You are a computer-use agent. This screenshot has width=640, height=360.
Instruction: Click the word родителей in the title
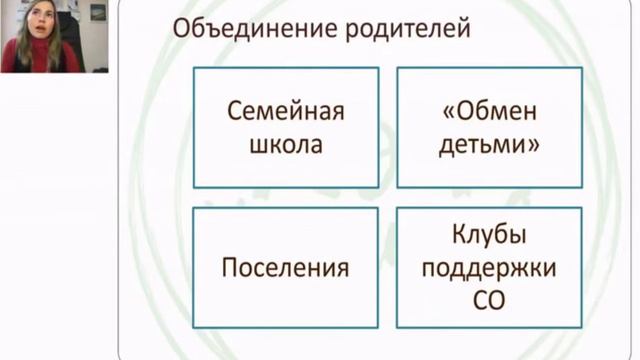coord(408,30)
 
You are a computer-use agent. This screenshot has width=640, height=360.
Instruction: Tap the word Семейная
coord(286,111)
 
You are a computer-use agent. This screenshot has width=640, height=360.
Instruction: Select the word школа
coord(286,144)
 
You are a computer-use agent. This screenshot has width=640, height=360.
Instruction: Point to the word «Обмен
coord(490,111)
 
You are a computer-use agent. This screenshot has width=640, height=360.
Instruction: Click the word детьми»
coord(489,145)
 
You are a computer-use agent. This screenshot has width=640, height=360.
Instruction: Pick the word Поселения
coord(285,268)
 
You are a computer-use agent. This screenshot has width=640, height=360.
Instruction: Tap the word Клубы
coord(489,234)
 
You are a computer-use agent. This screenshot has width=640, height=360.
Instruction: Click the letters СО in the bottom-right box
coord(489,301)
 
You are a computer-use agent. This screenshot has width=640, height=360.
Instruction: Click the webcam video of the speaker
coord(54,36)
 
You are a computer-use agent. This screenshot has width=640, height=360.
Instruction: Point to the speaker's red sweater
coord(41,55)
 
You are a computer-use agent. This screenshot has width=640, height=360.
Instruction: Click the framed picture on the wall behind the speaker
coord(98,12)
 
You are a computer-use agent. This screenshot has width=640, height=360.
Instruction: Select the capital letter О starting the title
coord(181,29)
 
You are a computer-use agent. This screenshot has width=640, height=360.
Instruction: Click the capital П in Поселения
coord(230,268)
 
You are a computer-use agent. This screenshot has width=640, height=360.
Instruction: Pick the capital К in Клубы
coord(460,234)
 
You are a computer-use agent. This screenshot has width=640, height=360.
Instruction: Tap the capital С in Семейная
coord(235,111)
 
